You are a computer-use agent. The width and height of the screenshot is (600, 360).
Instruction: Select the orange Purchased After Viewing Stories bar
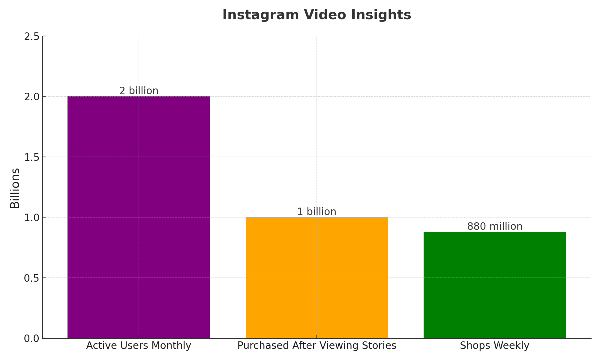317,277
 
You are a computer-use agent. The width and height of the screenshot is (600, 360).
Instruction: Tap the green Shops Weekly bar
495,285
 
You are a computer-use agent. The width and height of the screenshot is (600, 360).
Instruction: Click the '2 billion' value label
139,91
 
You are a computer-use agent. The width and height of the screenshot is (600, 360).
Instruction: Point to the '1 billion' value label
317,212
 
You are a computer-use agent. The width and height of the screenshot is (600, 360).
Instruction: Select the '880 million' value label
495,226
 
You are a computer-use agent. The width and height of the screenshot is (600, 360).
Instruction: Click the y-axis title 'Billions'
15,188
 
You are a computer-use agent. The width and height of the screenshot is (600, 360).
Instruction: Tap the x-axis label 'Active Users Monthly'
139,346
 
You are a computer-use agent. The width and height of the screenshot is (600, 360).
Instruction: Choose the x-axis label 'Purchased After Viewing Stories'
317,346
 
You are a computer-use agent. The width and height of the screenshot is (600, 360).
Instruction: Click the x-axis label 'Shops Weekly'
495,346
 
